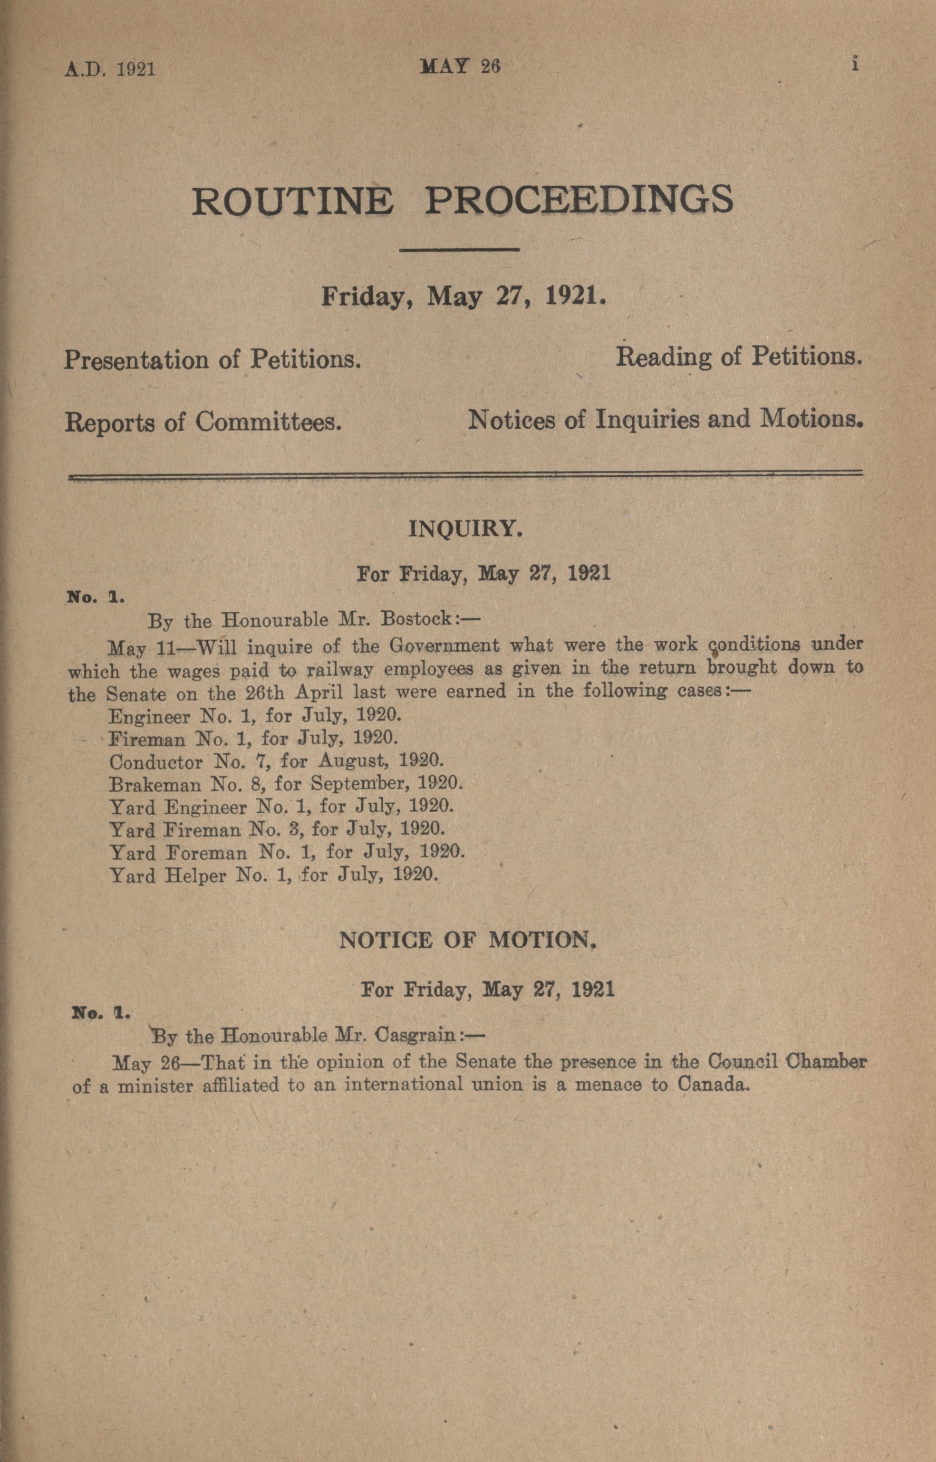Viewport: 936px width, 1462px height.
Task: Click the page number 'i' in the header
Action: click(855, 64)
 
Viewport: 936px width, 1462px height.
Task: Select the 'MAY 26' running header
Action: click(460, 66)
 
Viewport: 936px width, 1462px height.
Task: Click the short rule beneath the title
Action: click(459, 249)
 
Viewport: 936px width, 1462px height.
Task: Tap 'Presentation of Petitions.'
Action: click(213, 360)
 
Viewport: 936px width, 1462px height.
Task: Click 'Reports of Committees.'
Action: click(202, 422)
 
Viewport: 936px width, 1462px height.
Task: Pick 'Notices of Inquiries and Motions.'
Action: click(665, 419)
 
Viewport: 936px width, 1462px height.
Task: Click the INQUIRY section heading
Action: click(466, 529)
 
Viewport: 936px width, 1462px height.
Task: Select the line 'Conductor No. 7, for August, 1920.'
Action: click(276, 761)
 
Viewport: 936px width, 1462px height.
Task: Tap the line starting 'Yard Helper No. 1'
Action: click(274, 876)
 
